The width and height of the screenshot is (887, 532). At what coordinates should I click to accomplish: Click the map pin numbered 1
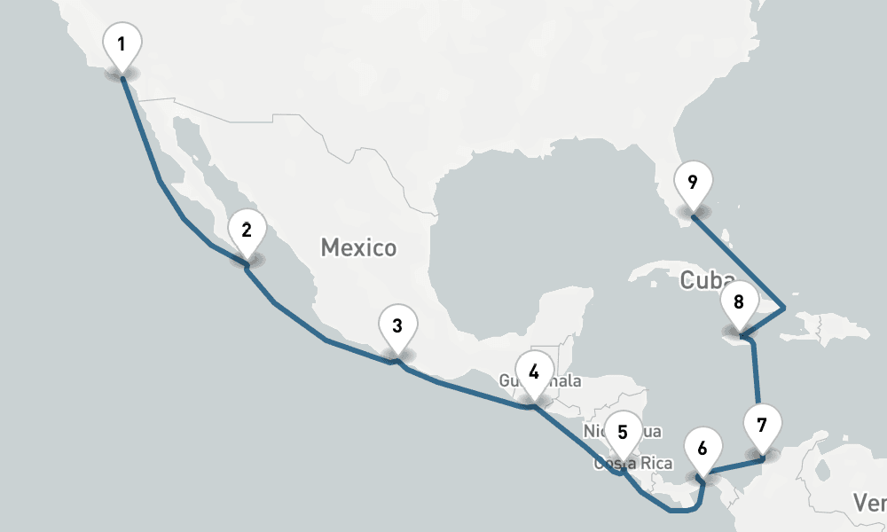click(122, 44)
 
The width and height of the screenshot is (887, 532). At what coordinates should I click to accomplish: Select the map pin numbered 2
click(247, 231)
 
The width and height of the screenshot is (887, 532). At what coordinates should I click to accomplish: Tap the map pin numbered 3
click(397, 326)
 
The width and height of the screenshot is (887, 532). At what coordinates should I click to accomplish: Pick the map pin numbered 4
click(533, 372)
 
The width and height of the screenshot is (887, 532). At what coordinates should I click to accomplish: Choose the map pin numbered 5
click(623, 434)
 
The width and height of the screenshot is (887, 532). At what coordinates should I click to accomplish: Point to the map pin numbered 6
click(703, 449)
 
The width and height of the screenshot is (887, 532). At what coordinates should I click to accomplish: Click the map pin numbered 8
click(738, 302)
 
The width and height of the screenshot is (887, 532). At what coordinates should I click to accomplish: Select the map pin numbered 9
click(693, 184)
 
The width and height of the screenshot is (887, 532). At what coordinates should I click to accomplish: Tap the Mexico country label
click(358, 247)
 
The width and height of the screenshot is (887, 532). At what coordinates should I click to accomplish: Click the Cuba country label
click(701, 281)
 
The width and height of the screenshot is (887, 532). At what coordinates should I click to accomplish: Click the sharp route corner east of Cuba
click(784, 309)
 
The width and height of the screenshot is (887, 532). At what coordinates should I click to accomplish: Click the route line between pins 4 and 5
click(577, 439)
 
